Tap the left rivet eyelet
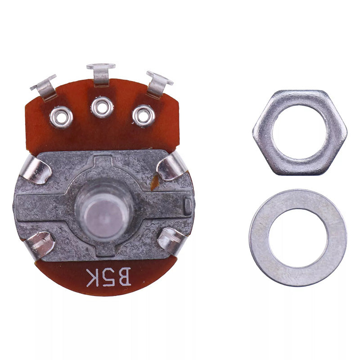(x=61, y=117)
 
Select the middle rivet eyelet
(x=102, y=107)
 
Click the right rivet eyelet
(x=144, y=116)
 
